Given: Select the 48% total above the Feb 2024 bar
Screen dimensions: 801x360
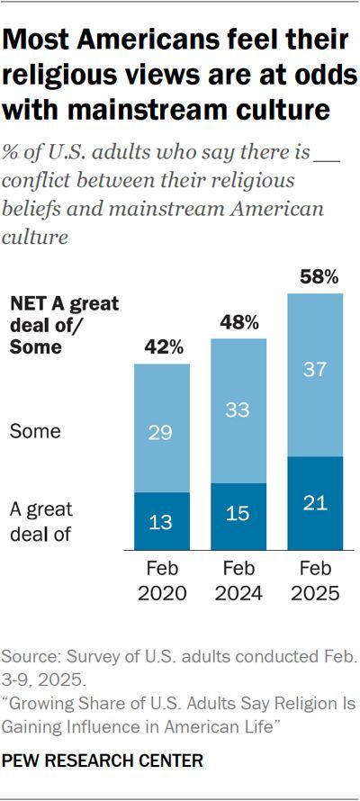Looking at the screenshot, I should click(x=238, y=321).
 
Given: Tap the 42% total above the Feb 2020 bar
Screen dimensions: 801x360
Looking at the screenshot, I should click(x=162, y=346).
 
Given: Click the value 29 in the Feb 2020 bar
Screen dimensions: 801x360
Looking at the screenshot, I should click(x=162, y=433).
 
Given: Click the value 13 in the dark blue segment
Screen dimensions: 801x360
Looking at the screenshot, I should click(x=162, y=522).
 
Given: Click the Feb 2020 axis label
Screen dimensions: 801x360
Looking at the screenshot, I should click(x=162, y=581).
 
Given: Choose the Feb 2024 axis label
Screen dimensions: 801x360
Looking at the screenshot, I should click(x=238, y=581).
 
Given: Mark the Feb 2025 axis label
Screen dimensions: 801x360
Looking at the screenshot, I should click(x=315, y=581).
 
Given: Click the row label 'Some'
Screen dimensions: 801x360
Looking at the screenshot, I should click(x=34, y=432).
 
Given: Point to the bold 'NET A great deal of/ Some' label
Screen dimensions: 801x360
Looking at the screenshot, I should click(x=63, y=325).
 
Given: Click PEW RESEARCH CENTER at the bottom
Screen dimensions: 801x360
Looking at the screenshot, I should click(x=102, y=761).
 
